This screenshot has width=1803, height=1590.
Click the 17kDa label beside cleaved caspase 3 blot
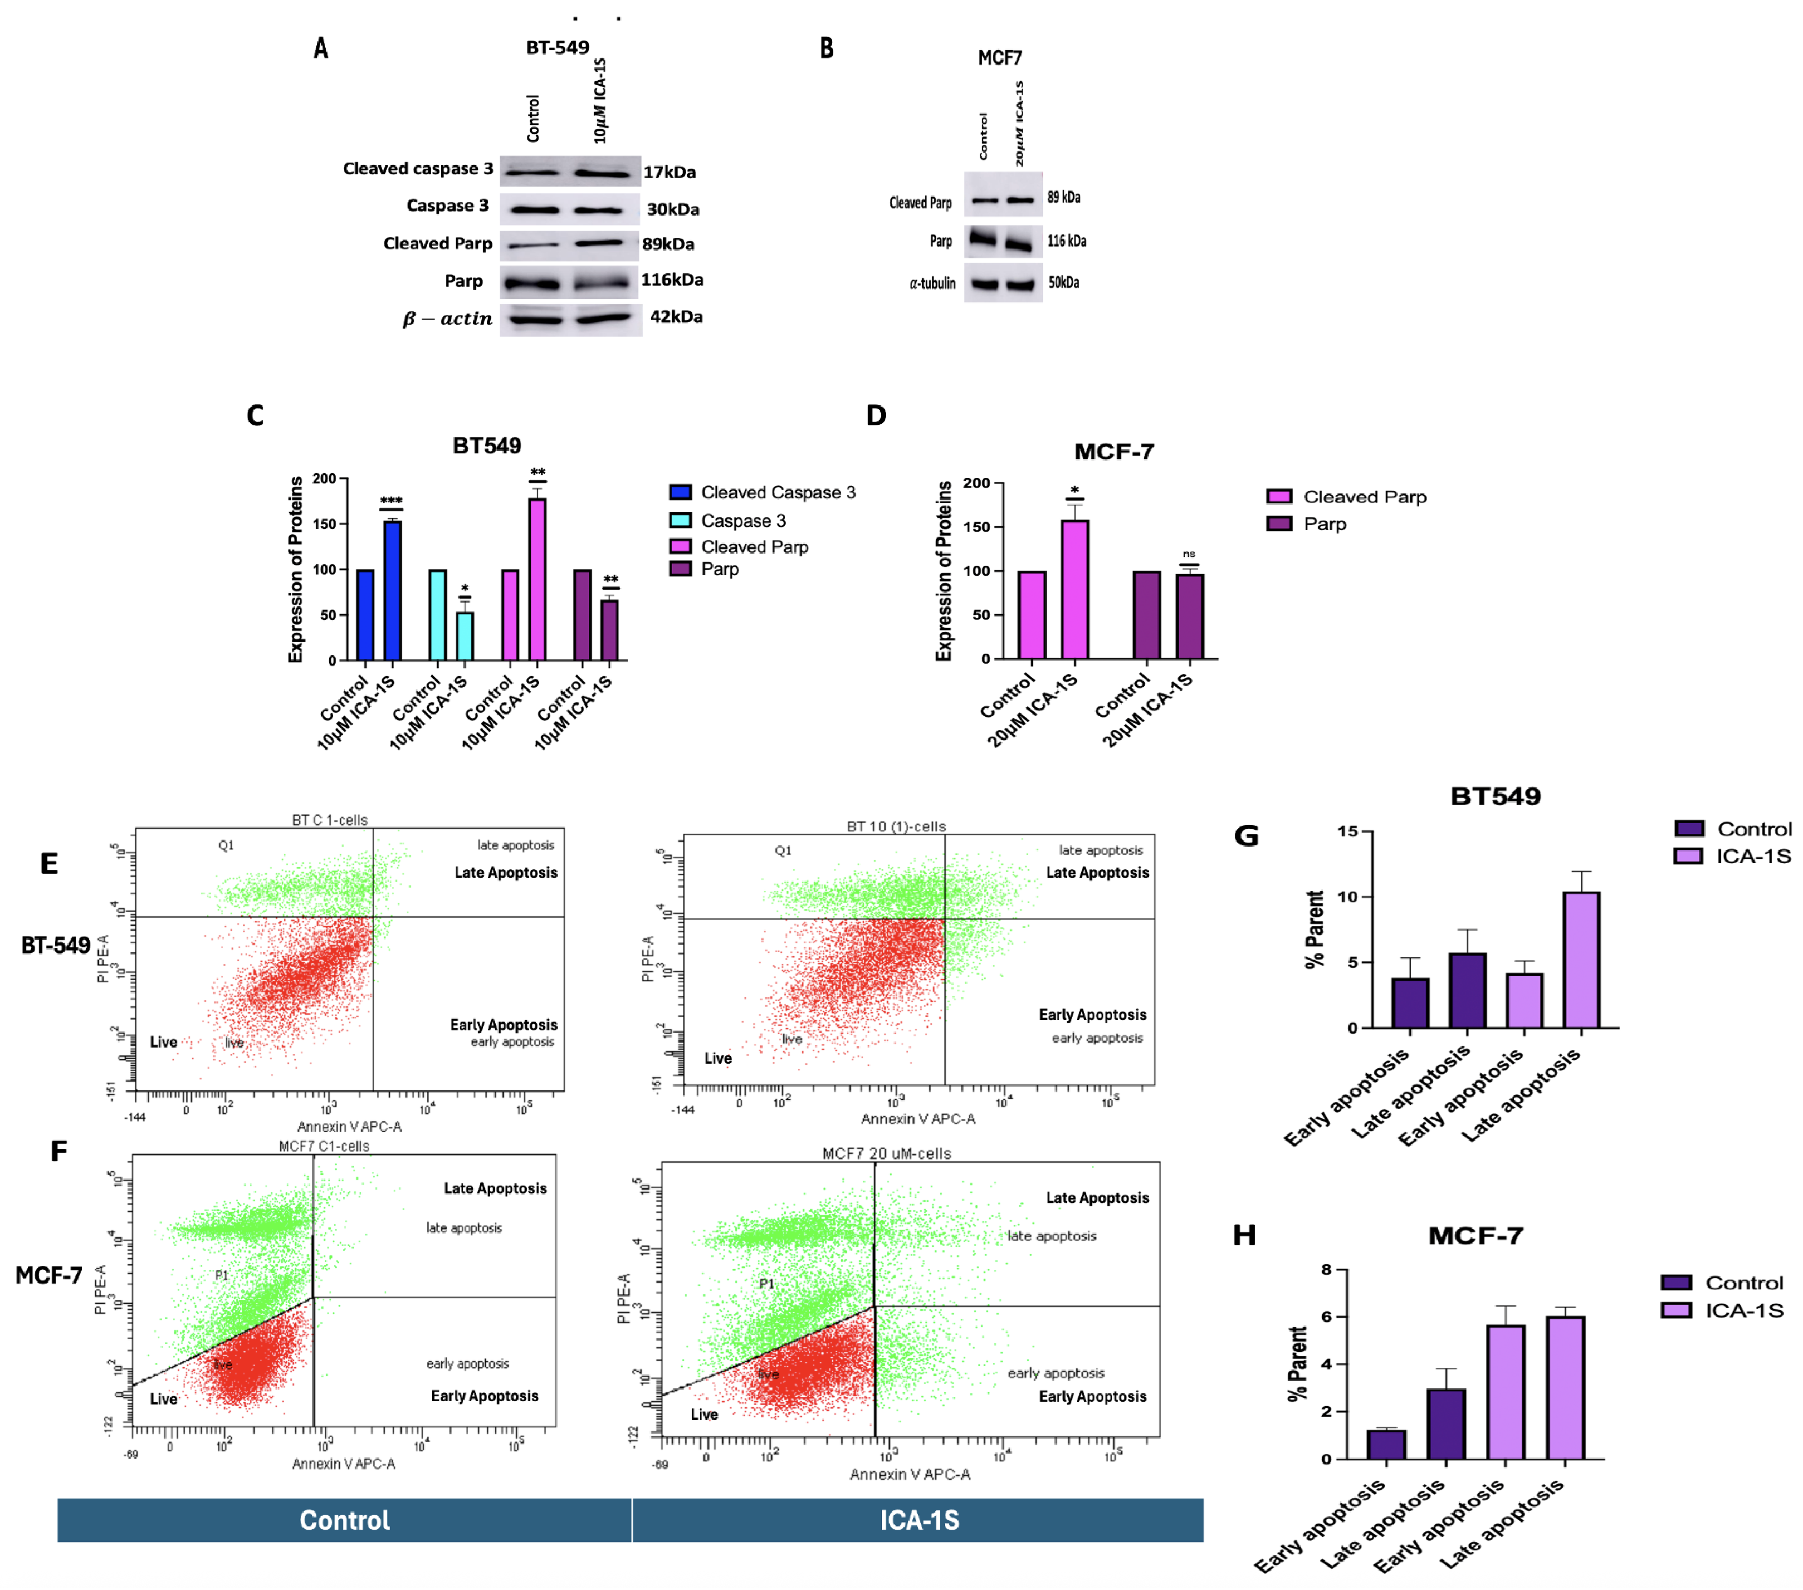click(668, 172)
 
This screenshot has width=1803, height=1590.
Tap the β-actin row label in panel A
click(447, 319)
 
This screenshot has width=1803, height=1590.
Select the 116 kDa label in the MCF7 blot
click(1067, 241)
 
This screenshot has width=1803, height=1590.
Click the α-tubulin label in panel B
click(932, 283)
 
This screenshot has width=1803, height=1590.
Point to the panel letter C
click(256, 415)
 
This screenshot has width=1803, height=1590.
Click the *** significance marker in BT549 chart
click(391, 501)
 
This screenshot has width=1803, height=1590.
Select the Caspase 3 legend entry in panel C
click(742, 520)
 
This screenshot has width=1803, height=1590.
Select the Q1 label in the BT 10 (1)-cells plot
click(783, 851)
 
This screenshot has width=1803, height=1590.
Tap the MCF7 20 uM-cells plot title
click(887, 1153)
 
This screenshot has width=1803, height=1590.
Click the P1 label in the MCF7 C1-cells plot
click(221, 1275)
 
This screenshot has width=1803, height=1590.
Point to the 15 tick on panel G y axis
click(1346, 831)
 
